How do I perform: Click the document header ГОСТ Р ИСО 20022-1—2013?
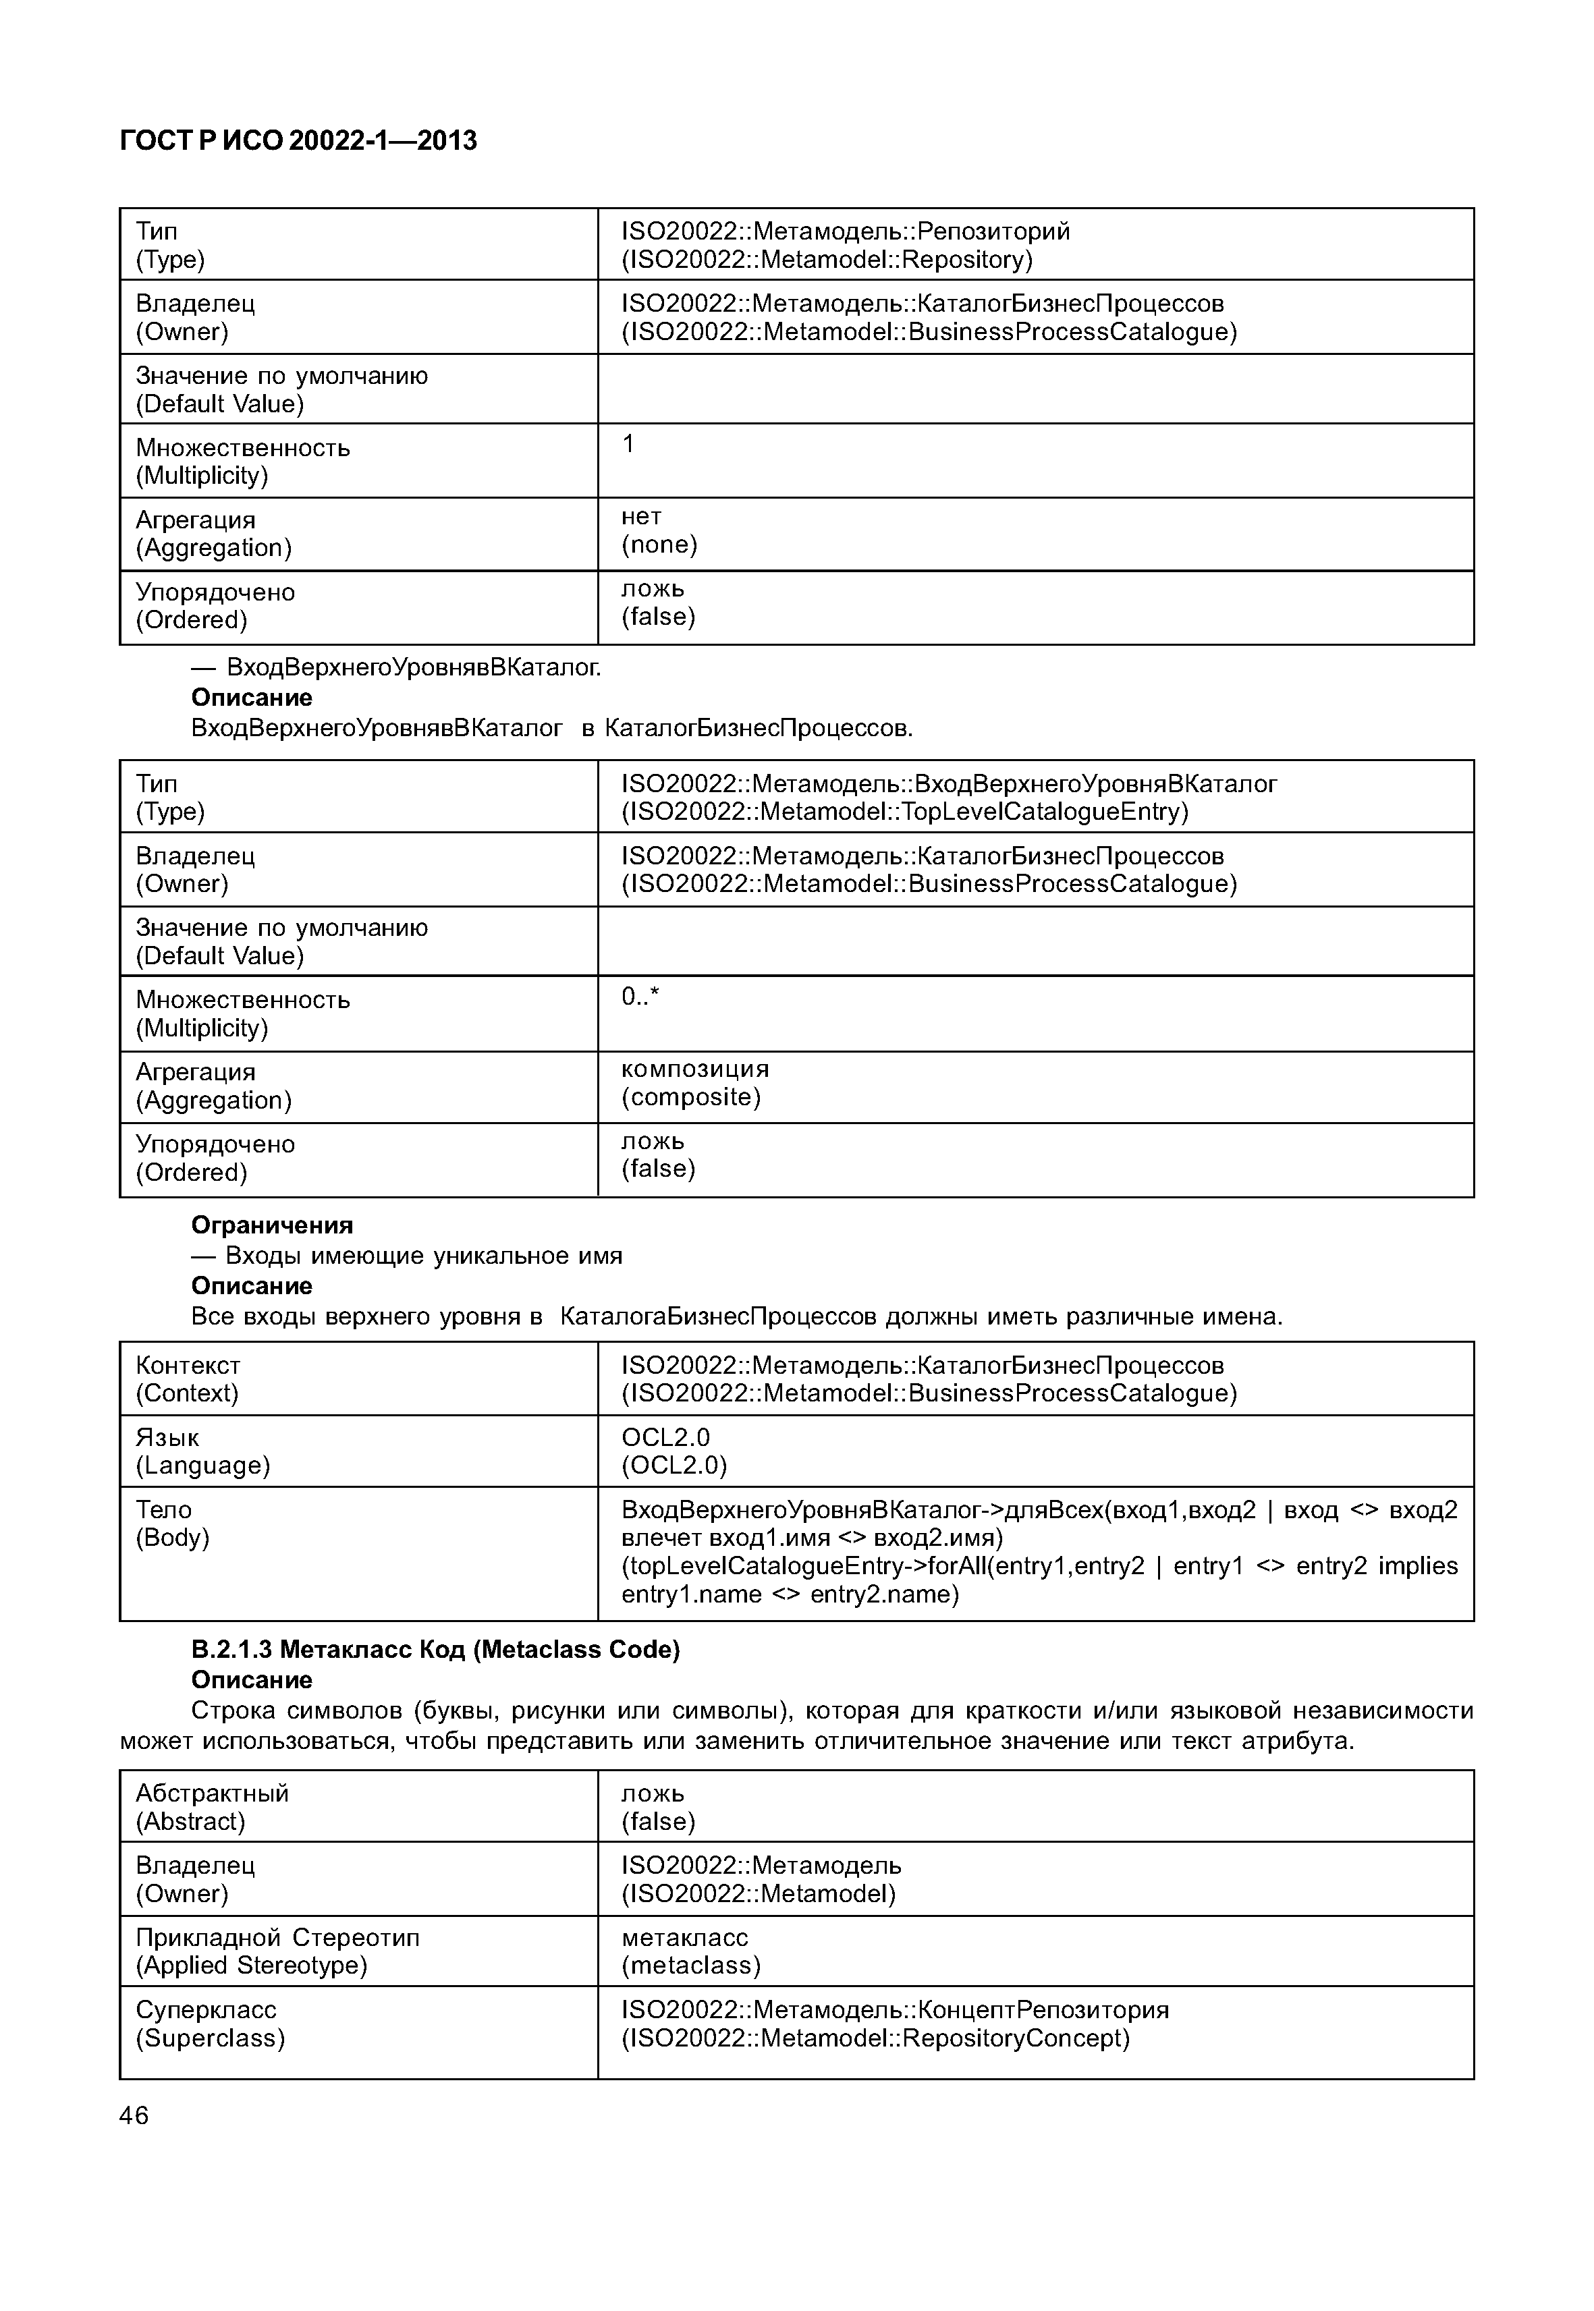click(298, 141)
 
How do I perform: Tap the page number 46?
click(134, 2115)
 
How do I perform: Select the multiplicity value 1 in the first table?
click(628, 443)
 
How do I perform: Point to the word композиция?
click(695, 1069)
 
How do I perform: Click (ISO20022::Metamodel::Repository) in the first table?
click(827, 260)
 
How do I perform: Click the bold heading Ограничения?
click(272, 1225)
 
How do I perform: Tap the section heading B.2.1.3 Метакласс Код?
click(435, 1649)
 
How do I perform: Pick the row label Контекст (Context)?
click(188, 1379)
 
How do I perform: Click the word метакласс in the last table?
click(684, 1937)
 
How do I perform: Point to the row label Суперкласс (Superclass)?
click(210, 2024)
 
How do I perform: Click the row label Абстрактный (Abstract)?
click(212, 1807)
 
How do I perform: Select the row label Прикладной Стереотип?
click(277, 1937)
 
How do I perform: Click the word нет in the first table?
click(641, 516)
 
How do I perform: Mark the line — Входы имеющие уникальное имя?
click(406, 1256)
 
